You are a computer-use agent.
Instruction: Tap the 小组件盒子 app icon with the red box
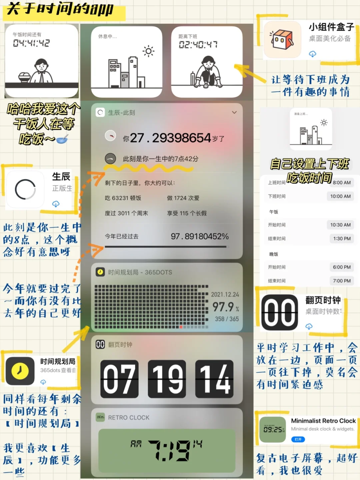tap(282, 40)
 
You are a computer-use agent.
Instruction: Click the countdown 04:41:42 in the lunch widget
tap(31, 43)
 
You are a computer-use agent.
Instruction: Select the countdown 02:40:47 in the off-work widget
tap(198, 45)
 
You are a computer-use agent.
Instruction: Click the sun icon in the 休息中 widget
tap(148, 51)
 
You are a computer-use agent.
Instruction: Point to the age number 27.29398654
tap(170, 138)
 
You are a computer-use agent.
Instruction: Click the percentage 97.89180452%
tap(200, 236)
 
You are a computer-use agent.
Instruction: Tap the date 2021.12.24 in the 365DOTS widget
tap(225, 295)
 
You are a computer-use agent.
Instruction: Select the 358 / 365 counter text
tap(227, 319)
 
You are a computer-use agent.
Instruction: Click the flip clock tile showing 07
tap(119, 379)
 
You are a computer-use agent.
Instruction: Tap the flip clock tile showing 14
tap(214, 379)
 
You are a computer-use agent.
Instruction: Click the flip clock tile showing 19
tap(167, 379)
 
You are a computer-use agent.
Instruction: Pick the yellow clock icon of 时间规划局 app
tap(20, 371)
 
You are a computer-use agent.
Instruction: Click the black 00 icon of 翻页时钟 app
tap(279, 312)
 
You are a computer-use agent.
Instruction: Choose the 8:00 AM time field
tap(342, 182)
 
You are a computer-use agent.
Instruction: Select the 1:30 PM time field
tap(342, 238)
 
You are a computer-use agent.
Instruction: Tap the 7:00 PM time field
tap(342, 281)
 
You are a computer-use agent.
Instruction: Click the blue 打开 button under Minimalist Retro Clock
tap(298, 439)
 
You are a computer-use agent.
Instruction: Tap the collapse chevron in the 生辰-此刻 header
tap(234, 112)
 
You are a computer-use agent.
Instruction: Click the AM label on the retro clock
tap(136, 444)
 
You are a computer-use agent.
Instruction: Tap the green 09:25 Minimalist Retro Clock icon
tap(273, 429)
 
